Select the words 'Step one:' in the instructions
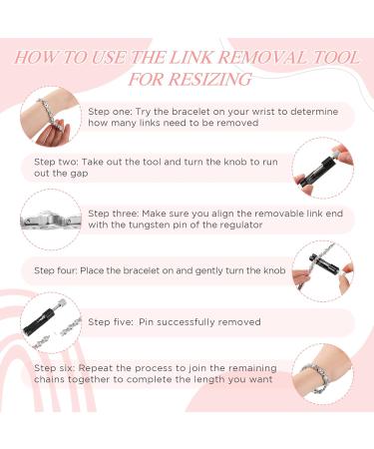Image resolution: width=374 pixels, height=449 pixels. coord(110,112)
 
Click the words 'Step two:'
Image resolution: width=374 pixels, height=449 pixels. coord(56,162)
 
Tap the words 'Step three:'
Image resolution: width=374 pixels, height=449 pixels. coord(114,214)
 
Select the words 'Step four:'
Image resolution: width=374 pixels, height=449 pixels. coord(56,270)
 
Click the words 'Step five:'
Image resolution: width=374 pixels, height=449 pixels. coord(111,322)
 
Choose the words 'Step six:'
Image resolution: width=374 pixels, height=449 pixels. coord(55,368)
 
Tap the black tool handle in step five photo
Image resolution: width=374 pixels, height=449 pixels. coord(39,321)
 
